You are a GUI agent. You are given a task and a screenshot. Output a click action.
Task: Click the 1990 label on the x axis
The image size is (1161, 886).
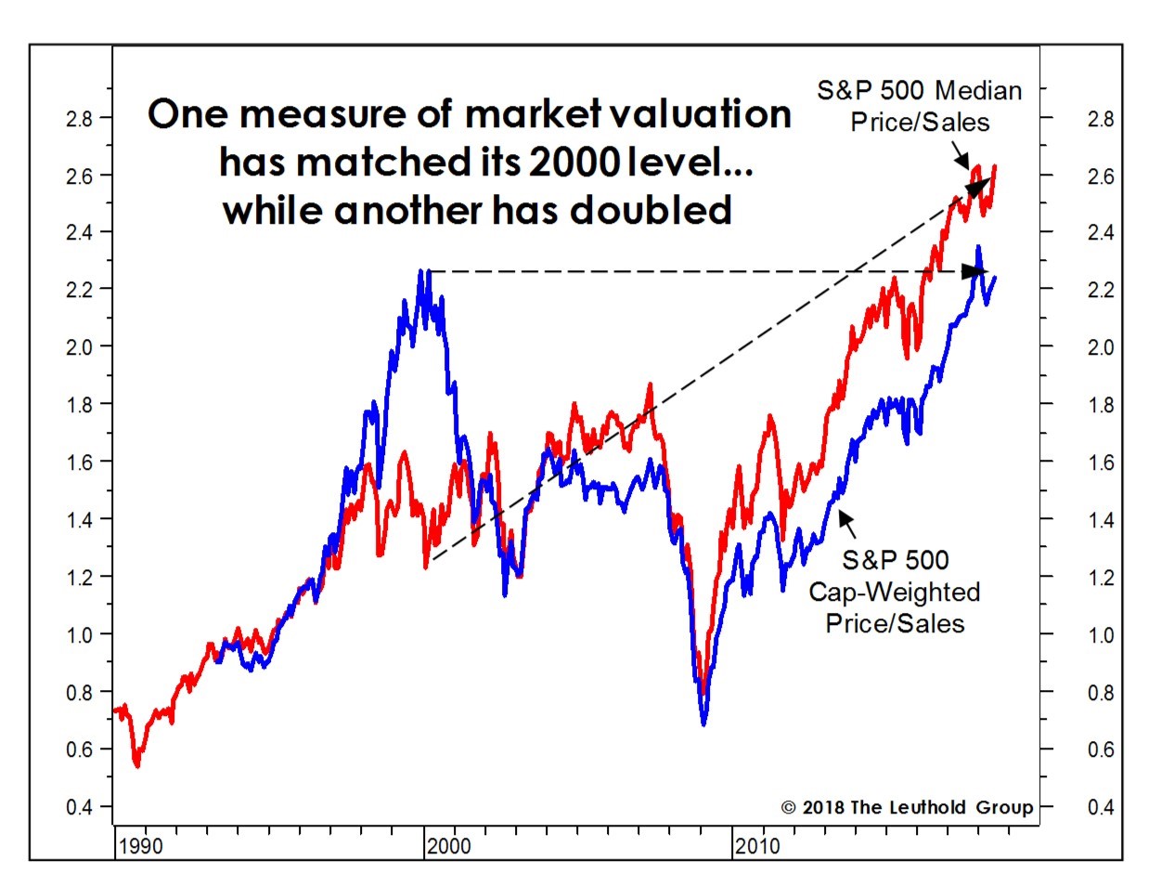coord(140,846)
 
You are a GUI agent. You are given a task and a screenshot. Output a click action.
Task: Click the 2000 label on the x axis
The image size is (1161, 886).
coord(448,846)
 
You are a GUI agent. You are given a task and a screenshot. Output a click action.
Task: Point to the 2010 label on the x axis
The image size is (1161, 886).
coord(757,846)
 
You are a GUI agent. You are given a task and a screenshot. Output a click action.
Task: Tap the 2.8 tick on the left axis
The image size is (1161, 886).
coord(79,119)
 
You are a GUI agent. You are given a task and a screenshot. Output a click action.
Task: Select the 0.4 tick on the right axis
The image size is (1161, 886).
coord(1100,807)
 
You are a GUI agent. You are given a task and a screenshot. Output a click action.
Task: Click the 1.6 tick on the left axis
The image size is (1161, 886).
coord(79,463)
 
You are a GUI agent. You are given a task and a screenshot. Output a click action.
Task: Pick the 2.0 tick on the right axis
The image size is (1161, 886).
coord(1100,347)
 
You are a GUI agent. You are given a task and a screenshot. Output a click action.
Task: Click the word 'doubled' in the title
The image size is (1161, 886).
coord(651,210)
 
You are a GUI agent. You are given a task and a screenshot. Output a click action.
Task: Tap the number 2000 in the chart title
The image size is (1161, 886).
coord(574,162)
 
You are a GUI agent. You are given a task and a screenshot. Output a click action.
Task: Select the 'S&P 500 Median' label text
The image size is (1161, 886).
coord(920,90)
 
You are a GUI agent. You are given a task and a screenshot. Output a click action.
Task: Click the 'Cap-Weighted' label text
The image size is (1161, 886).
coord(895,592)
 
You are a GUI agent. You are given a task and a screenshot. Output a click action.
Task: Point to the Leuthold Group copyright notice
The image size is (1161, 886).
coord(907,807)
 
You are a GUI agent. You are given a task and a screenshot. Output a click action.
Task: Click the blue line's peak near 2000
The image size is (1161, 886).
coord(421,270)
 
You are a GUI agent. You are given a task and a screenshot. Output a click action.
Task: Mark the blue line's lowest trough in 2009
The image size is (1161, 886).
coord(703,724)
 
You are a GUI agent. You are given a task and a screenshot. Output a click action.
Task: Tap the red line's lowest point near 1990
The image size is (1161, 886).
coord(137,765)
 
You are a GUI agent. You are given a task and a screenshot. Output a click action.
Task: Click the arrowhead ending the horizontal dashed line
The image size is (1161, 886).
coord(974,271)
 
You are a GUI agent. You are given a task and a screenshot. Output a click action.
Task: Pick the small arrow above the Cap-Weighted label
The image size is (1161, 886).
coord(846,524)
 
